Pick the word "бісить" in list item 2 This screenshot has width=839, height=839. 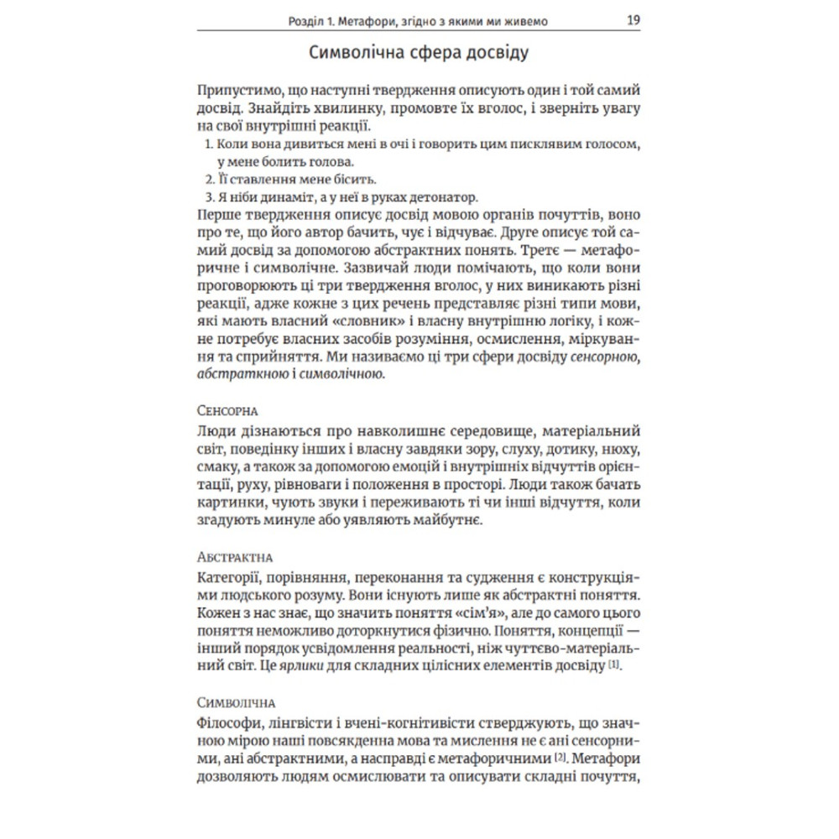click(x=356, y=180)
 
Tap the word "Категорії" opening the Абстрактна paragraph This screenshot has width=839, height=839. click(x=230, y=576)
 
